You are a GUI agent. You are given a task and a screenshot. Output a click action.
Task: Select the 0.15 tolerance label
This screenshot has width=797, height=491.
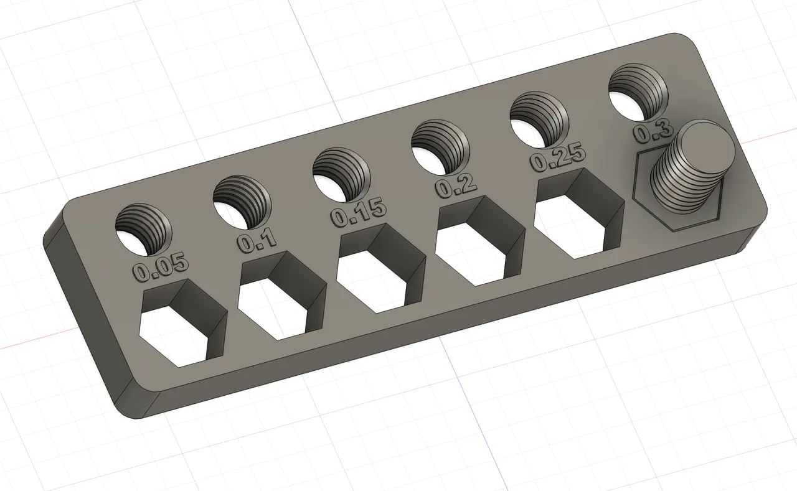click(358, 213)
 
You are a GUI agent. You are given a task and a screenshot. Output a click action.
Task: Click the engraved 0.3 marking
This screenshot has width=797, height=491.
click(652, 130)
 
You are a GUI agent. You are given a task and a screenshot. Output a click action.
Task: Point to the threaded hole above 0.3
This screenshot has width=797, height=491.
click(637, 93)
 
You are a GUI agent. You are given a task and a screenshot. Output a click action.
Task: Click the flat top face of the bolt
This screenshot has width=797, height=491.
click(707, 141)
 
